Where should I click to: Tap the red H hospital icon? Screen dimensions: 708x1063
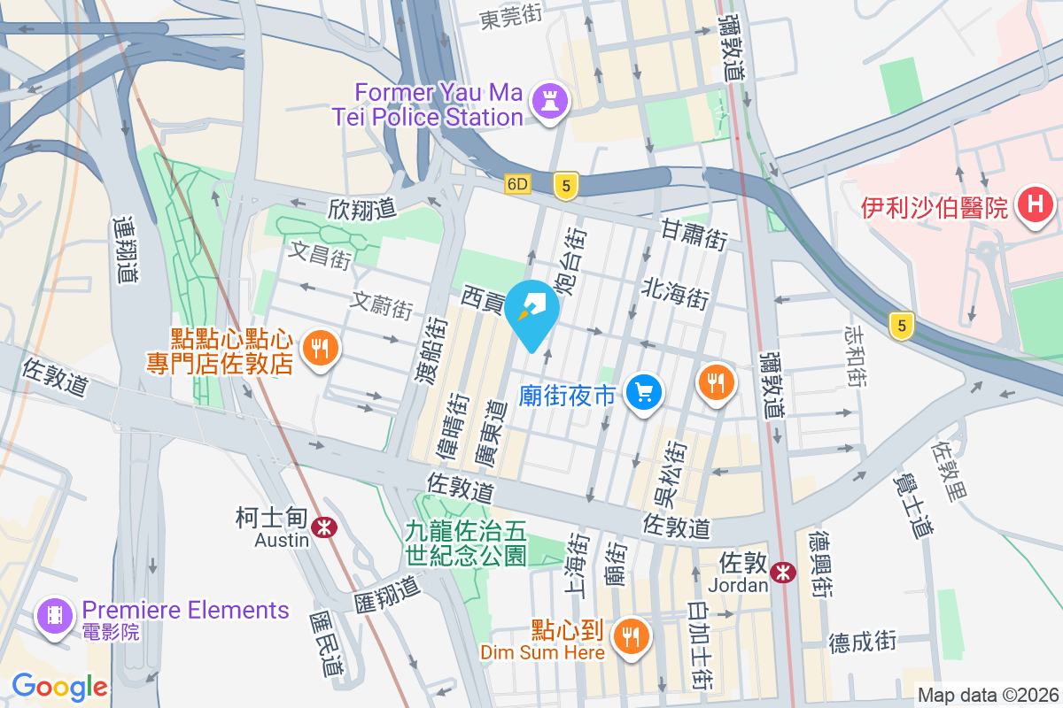1034,207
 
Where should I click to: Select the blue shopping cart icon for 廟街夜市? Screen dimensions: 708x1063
644,392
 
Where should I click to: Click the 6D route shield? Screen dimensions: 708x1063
517,184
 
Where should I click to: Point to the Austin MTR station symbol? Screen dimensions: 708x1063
325,527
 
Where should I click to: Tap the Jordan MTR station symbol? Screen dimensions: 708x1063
782,573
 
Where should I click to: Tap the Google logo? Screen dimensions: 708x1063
59,686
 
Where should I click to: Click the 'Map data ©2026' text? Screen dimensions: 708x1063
988,695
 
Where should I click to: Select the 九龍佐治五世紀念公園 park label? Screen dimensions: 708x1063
466,543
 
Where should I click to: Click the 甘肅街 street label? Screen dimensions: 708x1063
694,235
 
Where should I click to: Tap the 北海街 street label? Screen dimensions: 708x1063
675,292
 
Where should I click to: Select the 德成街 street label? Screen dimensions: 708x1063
864,641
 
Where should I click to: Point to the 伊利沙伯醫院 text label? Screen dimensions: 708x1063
935,209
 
